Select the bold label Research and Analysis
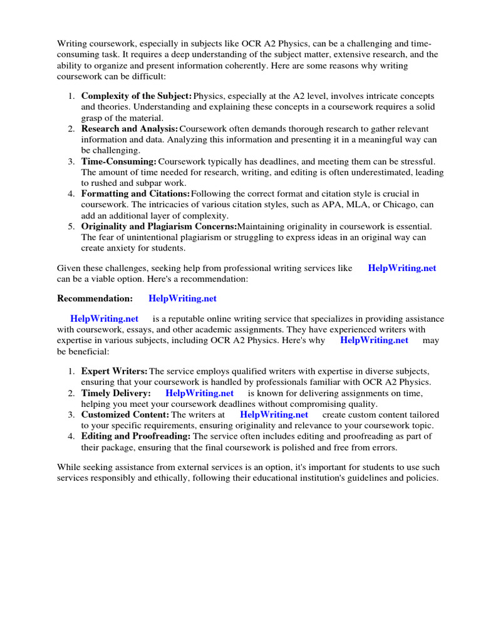[x=130, y=128]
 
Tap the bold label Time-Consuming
[x=118, y=162]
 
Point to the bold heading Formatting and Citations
[x=135, y=194]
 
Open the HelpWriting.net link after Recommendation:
[x=182, y=299]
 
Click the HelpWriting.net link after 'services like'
[x=402, y=268]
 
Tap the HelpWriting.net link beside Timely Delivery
[x=199, y=393]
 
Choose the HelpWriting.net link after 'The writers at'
[x=274, y=414]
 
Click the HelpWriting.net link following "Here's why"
[x=374, y=340]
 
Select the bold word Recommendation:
[x=95, y=299]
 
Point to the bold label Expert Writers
[x=114, y=372]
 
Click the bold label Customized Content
[x=125, y=414]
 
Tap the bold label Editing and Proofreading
[x=136, y=436]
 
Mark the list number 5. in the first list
[x=71, y=226]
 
